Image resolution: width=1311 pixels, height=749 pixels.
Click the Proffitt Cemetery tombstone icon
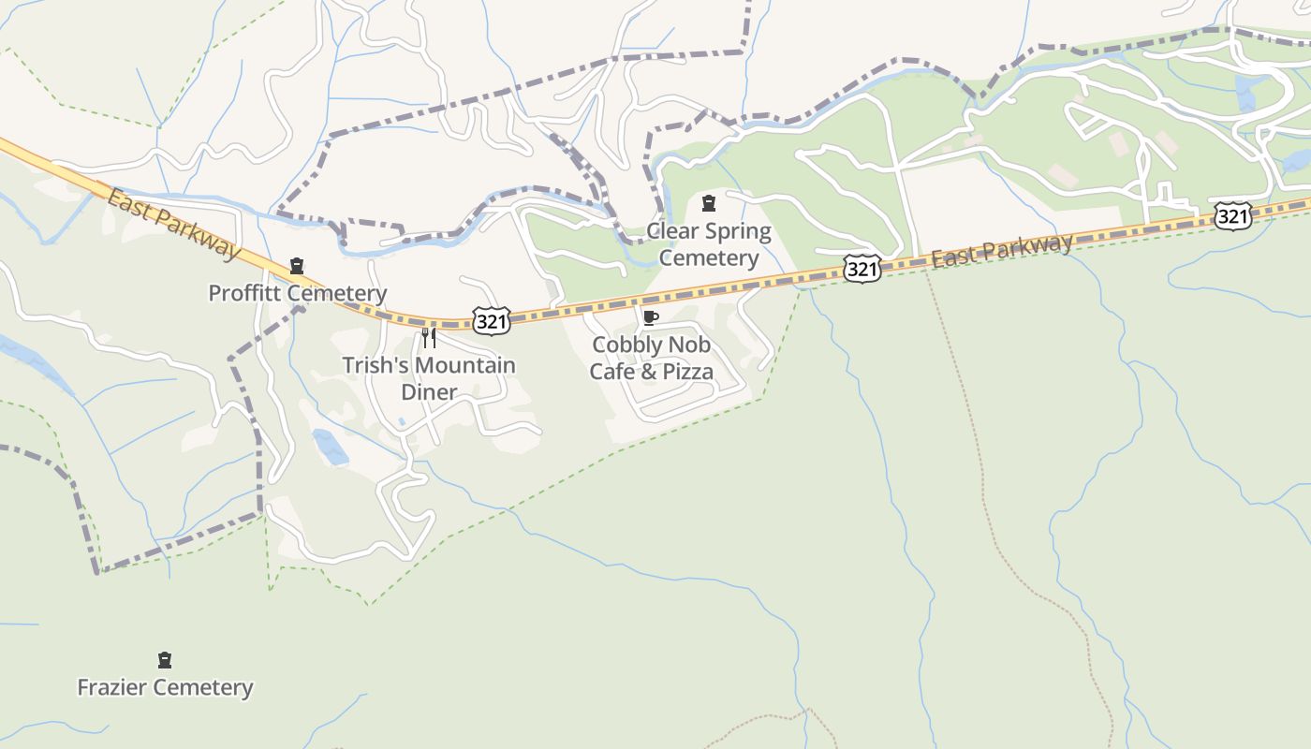click(297, 266)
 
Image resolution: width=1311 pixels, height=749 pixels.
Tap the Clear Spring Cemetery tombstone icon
click(709, 203)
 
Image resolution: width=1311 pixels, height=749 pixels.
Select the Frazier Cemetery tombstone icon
click(165, 660)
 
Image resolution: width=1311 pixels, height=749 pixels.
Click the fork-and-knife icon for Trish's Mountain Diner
click(429, 337)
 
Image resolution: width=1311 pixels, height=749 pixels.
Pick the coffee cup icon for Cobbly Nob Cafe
click(651, 317)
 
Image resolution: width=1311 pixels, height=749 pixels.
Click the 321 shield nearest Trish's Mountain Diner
click(492, 322)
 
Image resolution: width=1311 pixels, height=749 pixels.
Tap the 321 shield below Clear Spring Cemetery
click(862, 270)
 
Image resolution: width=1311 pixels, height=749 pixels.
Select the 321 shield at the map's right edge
click(1232, 216)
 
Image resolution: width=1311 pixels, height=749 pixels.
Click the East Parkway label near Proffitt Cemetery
click(172, 223)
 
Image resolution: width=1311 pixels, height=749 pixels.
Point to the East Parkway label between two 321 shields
click(1002, 250)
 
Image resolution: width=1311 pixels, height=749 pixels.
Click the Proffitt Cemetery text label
click(297, 293)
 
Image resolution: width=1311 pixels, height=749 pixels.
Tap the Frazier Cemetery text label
click(165, 687)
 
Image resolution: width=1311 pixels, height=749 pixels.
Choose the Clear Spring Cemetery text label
click(709, 243)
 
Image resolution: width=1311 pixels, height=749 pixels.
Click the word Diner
click(429, 391)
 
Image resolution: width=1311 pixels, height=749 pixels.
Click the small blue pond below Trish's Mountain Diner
click(331, 447)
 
